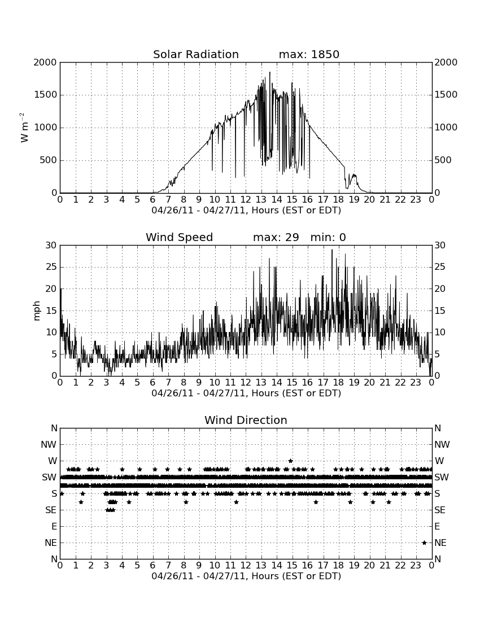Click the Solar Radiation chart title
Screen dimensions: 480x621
click(195, 54)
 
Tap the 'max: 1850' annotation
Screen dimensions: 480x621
click(309, 54)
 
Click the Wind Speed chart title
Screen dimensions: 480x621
click(179, 237)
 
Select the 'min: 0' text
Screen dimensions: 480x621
click(328, 237)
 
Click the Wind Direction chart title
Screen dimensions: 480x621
click(246, 420)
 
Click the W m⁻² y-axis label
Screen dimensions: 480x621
click(24, 128)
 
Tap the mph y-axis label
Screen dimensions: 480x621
click(37, 310)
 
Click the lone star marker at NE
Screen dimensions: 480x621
click(424, 543)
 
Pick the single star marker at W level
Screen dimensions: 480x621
click(290, 461)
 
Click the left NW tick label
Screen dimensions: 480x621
click(49, 444)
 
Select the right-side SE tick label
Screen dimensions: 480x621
click(440, 510)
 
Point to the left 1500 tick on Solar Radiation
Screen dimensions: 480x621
click(46, 95)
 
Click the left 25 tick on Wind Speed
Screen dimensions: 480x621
click(51, 267)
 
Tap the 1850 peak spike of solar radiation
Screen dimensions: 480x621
click(270, 72)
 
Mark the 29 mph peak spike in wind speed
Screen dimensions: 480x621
click(332, 250)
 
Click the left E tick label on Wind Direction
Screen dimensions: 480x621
click(54, 526)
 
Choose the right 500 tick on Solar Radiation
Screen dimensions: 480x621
click(443, 160)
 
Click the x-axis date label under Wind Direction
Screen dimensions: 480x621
click(246, 576)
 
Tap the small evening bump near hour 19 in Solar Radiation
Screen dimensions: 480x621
click(352, 176)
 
